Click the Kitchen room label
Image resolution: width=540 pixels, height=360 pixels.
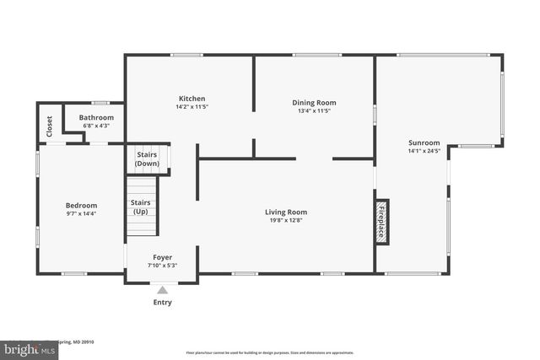click(x=191, y=99)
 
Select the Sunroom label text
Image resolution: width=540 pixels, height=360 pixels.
click(x=424, y=143)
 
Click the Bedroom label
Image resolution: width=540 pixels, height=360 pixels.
click(x=82, y=205)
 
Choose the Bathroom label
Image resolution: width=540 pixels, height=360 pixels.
click(x=96, y=118)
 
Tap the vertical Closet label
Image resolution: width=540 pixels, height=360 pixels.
click(x=49, y=126)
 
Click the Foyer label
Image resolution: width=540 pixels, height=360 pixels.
click(x=162, y=257)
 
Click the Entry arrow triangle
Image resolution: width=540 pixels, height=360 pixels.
click(x=162, y=290)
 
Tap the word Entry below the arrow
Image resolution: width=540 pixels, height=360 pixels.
click(x=162, y=302)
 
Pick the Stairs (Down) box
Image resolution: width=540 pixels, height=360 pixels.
click(x=148, y=159)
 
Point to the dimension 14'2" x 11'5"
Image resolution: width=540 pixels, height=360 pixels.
click(x=191, y=108)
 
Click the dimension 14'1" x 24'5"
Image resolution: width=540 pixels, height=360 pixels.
click(x=424, y=153)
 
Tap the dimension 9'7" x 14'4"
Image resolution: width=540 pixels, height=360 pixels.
click(x=82, y=214)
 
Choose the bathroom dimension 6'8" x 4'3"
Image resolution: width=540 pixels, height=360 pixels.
click(x=96, y=126)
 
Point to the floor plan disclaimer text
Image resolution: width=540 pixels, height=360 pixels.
click(x=269, y=352)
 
